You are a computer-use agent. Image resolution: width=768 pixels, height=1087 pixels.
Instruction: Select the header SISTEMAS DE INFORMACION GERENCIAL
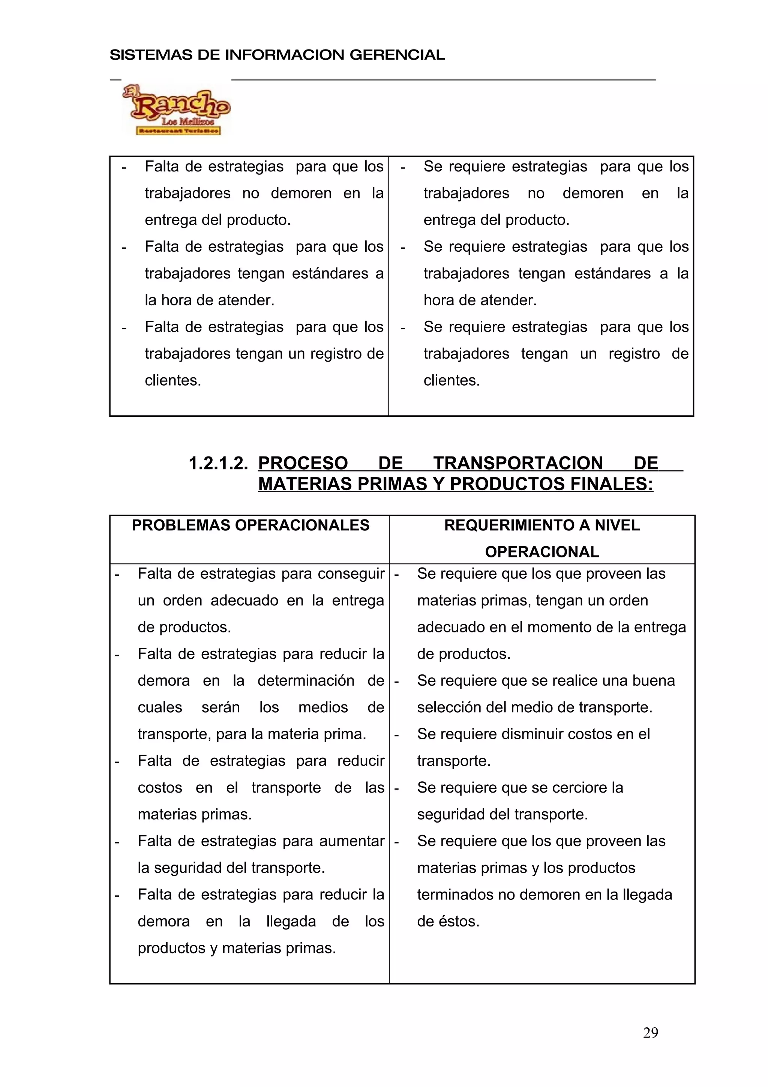click(277, 55)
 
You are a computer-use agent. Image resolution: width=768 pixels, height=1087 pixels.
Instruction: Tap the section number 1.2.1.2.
click(218, 463)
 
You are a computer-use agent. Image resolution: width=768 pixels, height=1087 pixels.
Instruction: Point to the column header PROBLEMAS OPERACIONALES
click(250, 525)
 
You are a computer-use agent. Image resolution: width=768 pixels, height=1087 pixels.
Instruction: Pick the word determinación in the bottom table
click(306, 681)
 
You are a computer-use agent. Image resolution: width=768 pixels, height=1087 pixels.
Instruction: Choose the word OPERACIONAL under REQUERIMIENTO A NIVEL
click(542, 552)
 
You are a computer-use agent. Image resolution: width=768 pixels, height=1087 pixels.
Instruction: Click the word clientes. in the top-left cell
click(173, 381)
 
